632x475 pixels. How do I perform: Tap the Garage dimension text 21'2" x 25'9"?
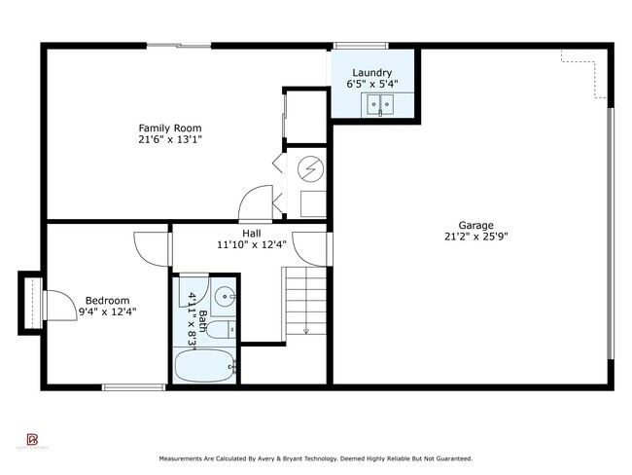click(475, 237)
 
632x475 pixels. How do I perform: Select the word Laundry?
click(372, 72)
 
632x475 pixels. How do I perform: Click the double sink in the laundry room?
click(378, 103)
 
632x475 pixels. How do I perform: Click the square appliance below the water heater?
click(313, 203)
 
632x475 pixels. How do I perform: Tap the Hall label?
click(252, 233)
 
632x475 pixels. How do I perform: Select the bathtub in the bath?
click(205, 368)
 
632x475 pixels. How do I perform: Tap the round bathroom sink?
click(226, 296)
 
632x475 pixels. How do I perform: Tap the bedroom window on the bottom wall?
click(133, 387)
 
